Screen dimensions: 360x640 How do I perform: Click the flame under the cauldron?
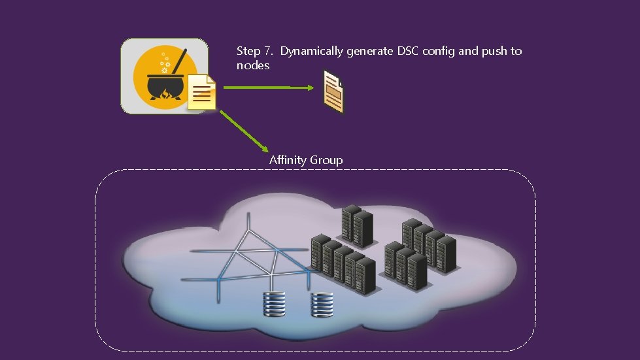[164, 99]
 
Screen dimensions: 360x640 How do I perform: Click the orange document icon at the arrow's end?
[333, 91]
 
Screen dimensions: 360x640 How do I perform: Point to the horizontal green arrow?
[268, 87]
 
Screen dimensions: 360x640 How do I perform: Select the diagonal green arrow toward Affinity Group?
[243, 131]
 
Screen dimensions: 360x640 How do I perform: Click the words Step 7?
[255, 51]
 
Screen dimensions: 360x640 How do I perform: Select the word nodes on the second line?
[253, 66]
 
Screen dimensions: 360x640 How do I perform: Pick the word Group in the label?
[326, 160]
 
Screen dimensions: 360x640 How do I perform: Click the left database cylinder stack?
[274, 304]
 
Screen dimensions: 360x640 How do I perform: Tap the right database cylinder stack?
[322, 304]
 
